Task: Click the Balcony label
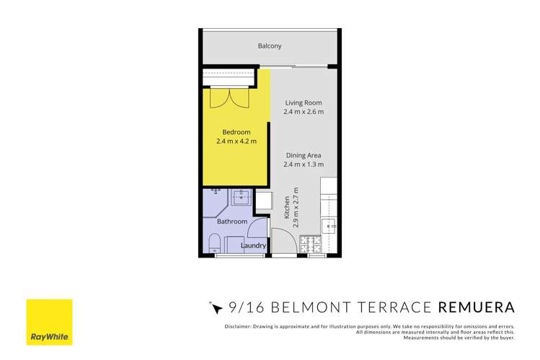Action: [270, 46]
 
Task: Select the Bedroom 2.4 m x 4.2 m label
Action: [236, 136]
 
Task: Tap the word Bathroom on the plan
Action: [232, 221]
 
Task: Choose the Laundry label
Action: [254, 246]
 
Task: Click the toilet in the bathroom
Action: [215, 243]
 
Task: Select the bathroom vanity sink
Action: [242, 196]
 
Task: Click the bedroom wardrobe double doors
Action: [229, 98]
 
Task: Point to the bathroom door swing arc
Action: [257, 229]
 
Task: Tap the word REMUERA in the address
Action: [477, 308]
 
